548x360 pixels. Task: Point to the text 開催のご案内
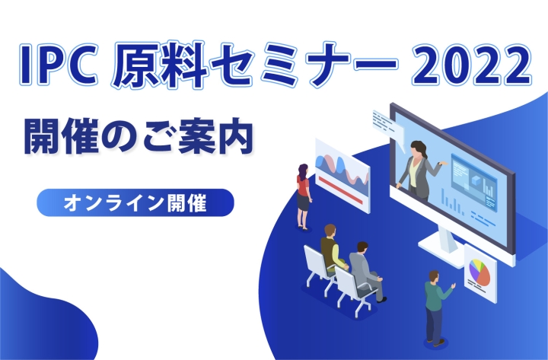[x=139, y=137]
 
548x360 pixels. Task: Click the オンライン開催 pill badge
[x=135, y=202]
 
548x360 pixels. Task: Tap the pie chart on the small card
[x=479, y=272]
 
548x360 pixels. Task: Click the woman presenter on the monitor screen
[x=420, y=171]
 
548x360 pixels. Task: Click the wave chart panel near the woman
[x=342, y=175]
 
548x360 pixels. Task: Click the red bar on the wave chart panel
[x=342, y=190]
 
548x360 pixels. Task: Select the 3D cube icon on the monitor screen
[x=476, y=180]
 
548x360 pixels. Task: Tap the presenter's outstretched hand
[x=444, y=163]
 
